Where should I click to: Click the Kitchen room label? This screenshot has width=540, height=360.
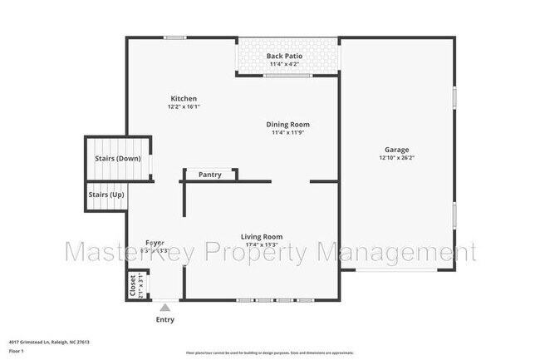184,99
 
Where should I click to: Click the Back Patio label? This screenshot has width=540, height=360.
284,56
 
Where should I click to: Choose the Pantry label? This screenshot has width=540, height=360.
209,175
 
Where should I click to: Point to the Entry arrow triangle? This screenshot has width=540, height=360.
164,308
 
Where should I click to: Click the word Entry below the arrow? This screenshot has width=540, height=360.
165,319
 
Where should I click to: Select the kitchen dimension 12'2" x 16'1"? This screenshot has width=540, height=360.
184,106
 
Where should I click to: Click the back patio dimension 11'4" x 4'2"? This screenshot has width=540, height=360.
284,63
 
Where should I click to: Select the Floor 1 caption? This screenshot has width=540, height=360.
17,351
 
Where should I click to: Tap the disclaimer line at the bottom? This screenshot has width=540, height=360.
269,353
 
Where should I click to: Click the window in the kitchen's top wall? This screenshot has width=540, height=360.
174,37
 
